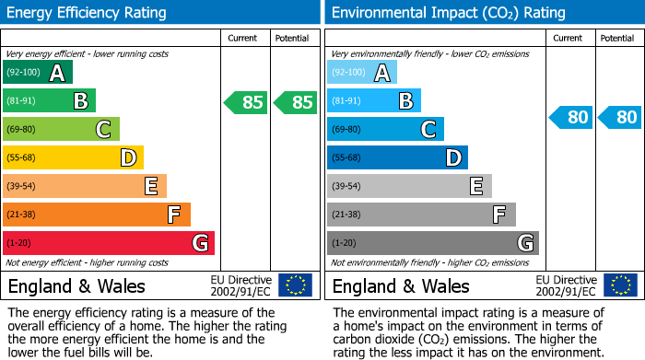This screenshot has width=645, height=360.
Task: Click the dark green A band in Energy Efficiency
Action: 38,73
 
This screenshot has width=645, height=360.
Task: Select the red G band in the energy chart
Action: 109,243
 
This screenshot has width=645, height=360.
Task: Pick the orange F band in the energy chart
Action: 97,215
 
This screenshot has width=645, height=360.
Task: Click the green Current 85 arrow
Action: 246,102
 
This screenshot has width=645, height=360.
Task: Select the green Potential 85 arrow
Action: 296,102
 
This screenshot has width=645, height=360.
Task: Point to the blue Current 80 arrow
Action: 571,117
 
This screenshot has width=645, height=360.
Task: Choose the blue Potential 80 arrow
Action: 619,117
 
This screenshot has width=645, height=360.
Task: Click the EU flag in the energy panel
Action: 296,285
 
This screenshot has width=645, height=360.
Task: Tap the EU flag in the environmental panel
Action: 621,285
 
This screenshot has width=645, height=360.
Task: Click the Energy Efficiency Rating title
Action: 88,13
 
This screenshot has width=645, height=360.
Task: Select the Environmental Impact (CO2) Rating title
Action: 448,13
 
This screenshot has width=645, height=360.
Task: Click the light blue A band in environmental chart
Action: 362,73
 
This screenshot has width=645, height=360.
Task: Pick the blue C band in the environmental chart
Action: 385,130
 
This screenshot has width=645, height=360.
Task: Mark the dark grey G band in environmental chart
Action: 433,243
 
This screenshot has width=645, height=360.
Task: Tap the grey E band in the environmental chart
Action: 409,186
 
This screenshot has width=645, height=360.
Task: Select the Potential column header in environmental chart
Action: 617,38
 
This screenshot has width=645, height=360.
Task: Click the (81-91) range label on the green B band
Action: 23,101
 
